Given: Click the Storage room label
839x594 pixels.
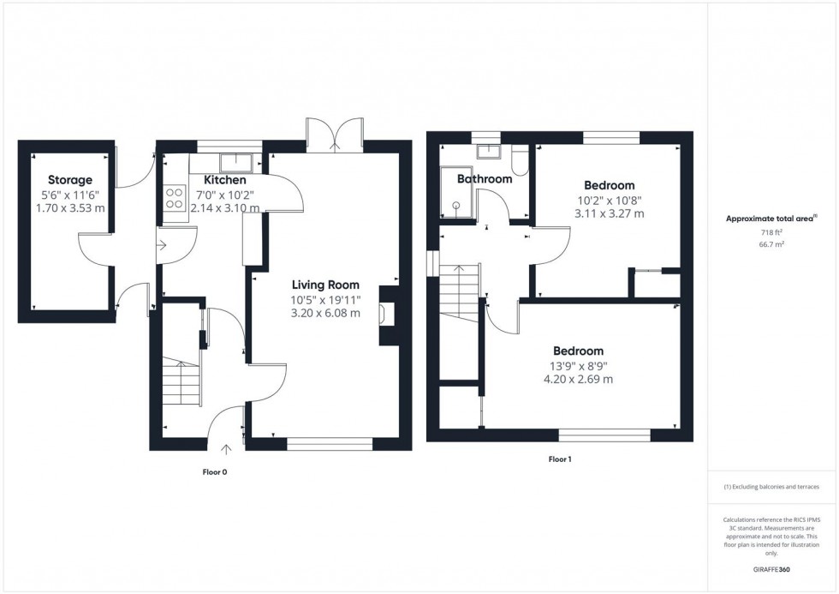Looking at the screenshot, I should click(70, 180).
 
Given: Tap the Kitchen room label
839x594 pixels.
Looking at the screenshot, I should click(225, 180).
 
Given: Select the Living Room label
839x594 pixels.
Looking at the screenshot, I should click(325, 285).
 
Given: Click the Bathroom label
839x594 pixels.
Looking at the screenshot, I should click(485, 179).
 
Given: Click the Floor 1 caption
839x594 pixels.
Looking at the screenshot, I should click(559, 459).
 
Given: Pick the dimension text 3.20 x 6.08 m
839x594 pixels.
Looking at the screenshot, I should click(325, 313).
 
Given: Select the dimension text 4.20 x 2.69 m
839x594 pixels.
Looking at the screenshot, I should click(578, 379).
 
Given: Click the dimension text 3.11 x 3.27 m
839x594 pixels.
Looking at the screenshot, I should click(609, 213).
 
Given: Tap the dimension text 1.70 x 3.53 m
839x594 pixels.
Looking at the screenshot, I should click(70, 207).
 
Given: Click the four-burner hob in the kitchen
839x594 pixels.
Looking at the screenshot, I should click(175, 199).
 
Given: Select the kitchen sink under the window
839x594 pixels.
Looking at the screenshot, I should click(233, 161).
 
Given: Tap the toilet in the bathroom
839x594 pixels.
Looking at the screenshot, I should click(520, 160).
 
